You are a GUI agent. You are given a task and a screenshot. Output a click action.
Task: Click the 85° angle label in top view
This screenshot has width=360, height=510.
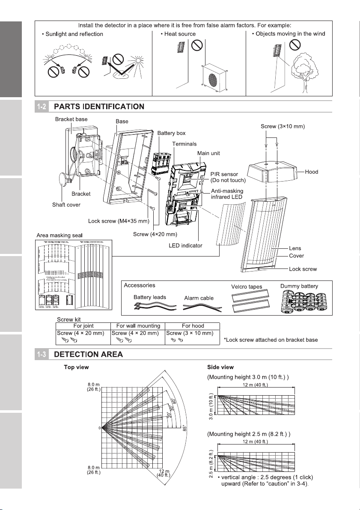(185, 429)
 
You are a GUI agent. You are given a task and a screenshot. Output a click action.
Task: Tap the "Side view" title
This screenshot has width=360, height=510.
(220, 367)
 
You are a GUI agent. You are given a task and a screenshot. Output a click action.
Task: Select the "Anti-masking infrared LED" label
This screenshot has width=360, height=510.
(227, 194)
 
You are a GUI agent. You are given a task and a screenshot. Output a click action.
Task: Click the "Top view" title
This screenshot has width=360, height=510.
(77, 367)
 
